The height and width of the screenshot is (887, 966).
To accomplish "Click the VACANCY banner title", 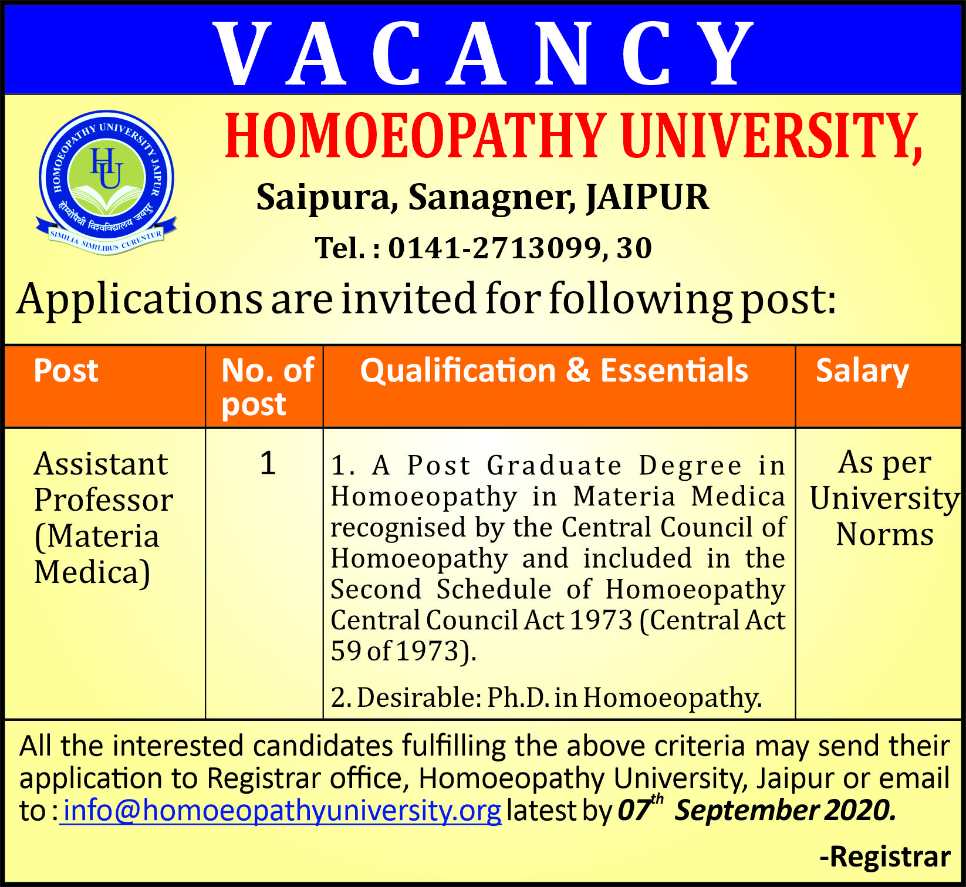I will pyautogui.click(x=483, y=53).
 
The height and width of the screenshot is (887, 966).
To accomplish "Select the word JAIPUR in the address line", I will pyautogui.click(x=647, y=197).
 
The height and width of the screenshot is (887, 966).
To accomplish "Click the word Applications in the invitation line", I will pyautogui.click(x=140, y=299).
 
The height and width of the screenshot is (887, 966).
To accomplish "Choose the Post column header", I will pyautogui.click(x=66, y=371).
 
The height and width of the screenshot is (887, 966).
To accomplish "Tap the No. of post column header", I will pyautogui.click(x=267, y=387).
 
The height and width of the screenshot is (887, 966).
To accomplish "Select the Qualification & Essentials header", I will pyautogui.click(x=554, y=371).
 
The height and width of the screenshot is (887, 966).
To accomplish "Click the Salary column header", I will pyautogui.click(x=862, y=371).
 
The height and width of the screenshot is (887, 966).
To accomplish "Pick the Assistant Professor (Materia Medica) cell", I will pyautogui.click(x=103, y=518).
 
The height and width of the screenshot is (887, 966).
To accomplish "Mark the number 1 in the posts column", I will pyautogui.click(x=268, y=464).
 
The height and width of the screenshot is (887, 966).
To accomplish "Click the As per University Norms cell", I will pyautogui.click(x=884, y=498).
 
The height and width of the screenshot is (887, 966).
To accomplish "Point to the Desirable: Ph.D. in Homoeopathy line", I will pyautogui.click(x=546, y=697).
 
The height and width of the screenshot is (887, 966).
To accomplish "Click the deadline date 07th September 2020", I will pyautogui.click(x=756, y=811).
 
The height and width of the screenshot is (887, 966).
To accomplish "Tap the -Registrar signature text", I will pyautogui.click(x=885, y=856).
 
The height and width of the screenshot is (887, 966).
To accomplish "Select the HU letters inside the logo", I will pyautogui.click(x=106, y=168).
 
